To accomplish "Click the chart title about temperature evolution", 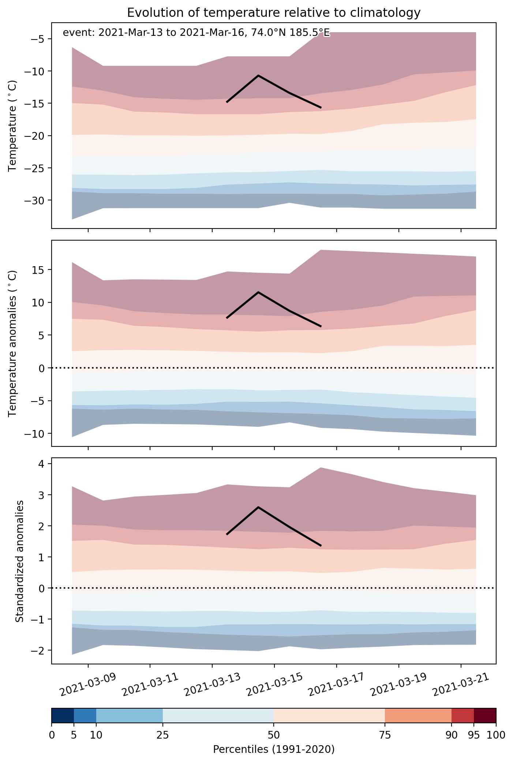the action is pyautogui.click(x=274, y=13).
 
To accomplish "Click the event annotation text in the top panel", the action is pyautogui.click(x=196, y=33).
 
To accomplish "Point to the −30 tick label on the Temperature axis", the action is pyautogui.click(x=35, y=201).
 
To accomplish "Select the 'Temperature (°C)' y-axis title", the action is pyautogui.click(x=13, y=126).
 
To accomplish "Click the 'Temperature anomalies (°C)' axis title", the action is pyautogui.click(x=13, y=343).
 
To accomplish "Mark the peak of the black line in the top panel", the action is pyautogui.click(x=258, y=75).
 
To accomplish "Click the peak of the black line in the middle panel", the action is pyautogui.click(x=258, y=292).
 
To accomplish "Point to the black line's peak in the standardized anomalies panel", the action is pyautogui.click(x=258, y=507).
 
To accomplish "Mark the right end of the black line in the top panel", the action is pyautogui.click(x=321, y=108).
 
